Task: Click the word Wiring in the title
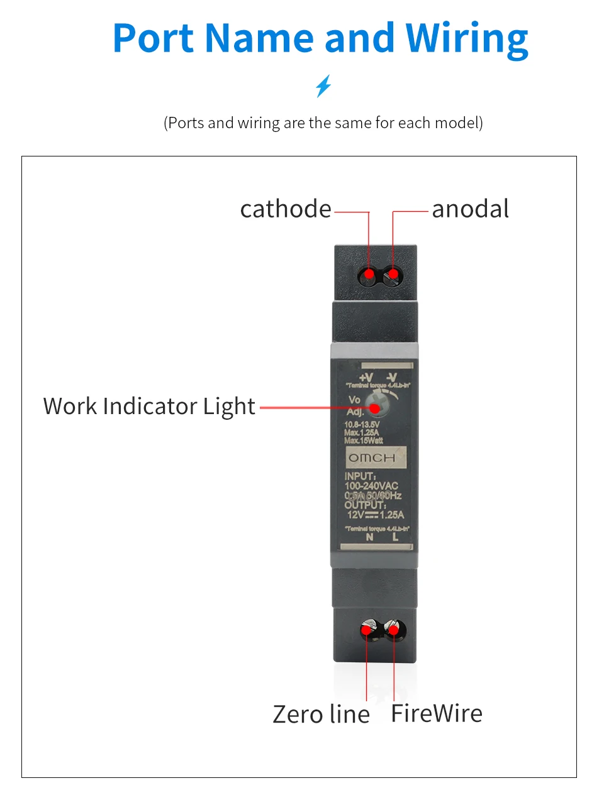[466, 39]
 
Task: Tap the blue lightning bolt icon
[323, 86]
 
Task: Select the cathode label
[286, 209]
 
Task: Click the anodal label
[470, 209]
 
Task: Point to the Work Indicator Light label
[149, 407]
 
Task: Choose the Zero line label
[321, 714]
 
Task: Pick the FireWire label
[437, 714]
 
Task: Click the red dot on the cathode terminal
[369, 274]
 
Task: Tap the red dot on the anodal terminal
[393, 274]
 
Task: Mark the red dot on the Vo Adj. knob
[375, 408]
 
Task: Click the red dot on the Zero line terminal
[366, 629]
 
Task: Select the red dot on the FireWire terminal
[393, 629]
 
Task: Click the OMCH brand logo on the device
[372, 458]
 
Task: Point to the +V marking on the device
[366, 377]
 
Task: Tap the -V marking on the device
[391, 377]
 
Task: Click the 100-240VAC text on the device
[371, 486]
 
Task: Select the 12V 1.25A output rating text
[376, 515]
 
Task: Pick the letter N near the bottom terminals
[369, 537]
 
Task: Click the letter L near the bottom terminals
[395, 537]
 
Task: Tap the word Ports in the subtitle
[186, 123]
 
